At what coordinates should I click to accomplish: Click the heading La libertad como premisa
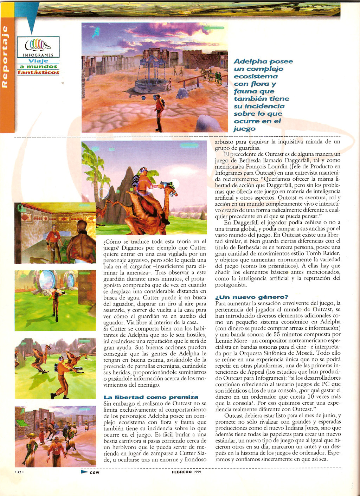[151, 397]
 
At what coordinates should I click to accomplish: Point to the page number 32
[19, 472]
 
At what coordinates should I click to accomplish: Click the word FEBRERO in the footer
[181, 472]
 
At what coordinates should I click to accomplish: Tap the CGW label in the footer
[94, 472]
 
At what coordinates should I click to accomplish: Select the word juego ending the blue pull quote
[244, 129]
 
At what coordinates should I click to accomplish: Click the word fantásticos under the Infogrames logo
[38, 72]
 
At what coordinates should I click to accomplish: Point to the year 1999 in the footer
[197, 472]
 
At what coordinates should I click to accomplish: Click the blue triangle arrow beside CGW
[84, 472]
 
